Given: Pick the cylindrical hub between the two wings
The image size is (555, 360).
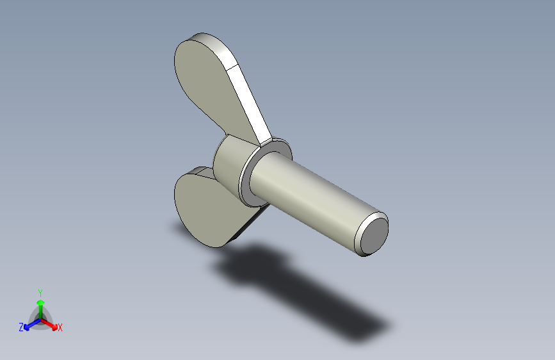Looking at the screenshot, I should pos(230,163).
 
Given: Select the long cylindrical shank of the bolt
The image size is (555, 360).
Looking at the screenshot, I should pos(307,192).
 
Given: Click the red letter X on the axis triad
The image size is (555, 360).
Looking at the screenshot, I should pos(60,327).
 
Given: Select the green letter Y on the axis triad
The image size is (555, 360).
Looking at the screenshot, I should pos(40,291).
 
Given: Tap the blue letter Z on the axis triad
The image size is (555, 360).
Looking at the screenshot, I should pos(21,327).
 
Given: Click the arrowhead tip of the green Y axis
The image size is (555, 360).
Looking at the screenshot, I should pos(40,299).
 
